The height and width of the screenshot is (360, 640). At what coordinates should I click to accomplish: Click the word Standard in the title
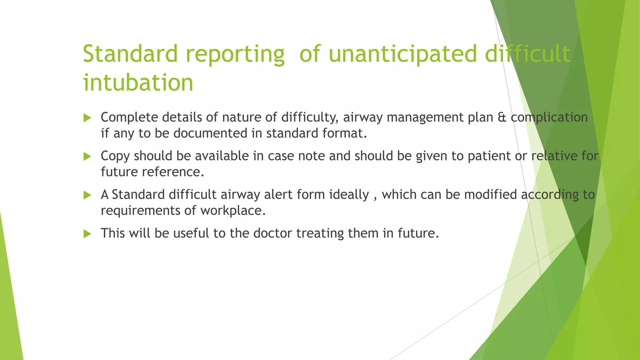130,54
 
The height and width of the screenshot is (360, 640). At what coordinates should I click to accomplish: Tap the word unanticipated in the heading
403,54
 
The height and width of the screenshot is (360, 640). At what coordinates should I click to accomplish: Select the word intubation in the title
138,82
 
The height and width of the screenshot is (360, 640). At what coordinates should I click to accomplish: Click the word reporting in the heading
235,54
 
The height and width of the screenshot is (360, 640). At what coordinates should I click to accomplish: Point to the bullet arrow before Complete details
87,118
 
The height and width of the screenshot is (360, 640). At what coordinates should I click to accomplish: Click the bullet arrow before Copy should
87,157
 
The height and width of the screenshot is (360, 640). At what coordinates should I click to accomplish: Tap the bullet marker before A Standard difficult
87,195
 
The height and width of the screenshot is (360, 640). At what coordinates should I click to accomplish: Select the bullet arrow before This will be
87,234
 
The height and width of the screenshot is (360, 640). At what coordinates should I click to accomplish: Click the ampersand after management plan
502,117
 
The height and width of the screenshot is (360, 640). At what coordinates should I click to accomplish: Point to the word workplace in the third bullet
232,211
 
